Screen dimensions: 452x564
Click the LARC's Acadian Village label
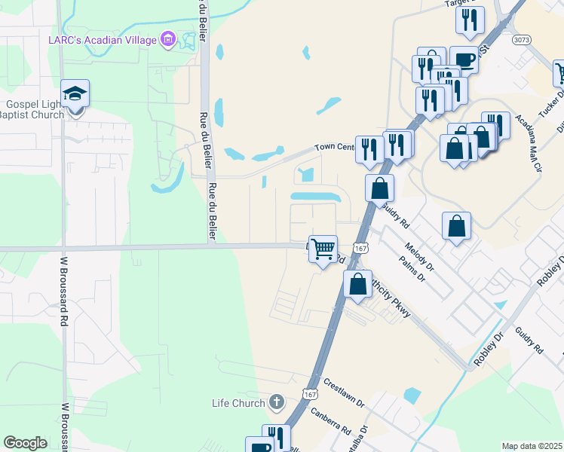(103, 39)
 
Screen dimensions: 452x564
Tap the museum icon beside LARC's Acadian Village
(168, 39)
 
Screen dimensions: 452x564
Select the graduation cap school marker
(75, 94)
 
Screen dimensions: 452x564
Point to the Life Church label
(238, 403)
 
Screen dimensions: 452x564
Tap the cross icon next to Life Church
(276, 402)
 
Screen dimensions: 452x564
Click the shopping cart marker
(323, 248)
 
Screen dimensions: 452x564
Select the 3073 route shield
(520, 39)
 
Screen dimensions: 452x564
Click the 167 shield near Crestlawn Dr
(309, 394)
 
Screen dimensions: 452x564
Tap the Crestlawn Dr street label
(343, 392)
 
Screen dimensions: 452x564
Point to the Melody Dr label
(419, 256)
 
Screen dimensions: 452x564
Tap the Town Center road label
(334, 147)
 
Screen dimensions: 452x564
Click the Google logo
(25, 443)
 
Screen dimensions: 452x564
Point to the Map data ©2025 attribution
(532, 446)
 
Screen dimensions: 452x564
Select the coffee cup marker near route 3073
(464, 59)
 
